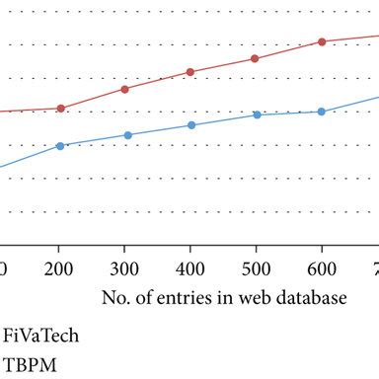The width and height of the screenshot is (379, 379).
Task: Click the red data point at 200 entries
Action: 60,108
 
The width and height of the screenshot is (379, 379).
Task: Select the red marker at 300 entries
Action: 124,89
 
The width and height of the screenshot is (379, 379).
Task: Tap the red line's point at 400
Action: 190,72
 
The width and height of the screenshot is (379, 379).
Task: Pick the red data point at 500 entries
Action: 255,58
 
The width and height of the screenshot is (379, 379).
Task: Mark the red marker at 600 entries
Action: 321,41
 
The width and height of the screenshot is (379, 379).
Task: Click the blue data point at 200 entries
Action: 60,146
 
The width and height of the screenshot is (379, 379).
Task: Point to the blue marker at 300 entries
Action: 124,135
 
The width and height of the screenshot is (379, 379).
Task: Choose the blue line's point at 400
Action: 190,125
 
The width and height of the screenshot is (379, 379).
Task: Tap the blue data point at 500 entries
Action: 257,114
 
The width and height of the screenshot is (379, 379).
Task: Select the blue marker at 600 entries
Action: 321,112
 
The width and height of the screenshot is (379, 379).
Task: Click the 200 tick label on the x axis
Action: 60,267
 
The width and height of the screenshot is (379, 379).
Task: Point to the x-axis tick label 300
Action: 124,267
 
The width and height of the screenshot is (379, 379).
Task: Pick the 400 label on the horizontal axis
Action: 190,267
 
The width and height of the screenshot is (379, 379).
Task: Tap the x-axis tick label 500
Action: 256,267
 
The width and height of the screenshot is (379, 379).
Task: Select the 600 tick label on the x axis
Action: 321,267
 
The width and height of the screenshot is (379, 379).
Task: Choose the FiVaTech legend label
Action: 41,335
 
